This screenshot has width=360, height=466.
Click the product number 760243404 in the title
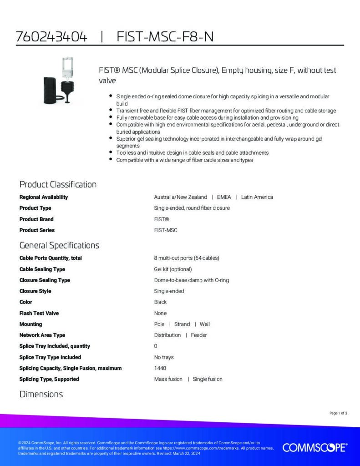click(x=51, y=37)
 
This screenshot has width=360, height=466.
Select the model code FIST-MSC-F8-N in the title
click(x=165, y=37)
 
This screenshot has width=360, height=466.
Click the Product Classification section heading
click(x=58, y=184)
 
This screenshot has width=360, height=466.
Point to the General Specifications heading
click(x=59, y=245)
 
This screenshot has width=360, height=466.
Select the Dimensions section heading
click(x=41, y=394)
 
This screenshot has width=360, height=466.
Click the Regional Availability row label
click(x=44, y=197)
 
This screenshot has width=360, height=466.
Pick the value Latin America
click(x=257, y=197)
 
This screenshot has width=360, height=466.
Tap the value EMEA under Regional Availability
click(x=224, y=197)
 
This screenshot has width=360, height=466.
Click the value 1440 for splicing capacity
click(x=160, y=368)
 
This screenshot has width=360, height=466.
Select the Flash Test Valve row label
click(x=39, y=313)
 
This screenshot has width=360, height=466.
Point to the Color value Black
click(x=160, y=302)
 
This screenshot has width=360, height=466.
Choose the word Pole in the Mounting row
click(x=159, y=324)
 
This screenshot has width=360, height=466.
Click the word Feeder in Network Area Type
click(x=198, y=335)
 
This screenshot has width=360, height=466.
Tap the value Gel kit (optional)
click(x=173, y=269)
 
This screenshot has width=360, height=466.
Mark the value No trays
click(x=164, y=357)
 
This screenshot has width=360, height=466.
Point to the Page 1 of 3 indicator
click(x=338, y=413)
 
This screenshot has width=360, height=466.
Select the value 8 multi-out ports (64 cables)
click(x=187, y=258)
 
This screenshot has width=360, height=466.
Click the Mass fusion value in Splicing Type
click(x=168, y=379)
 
